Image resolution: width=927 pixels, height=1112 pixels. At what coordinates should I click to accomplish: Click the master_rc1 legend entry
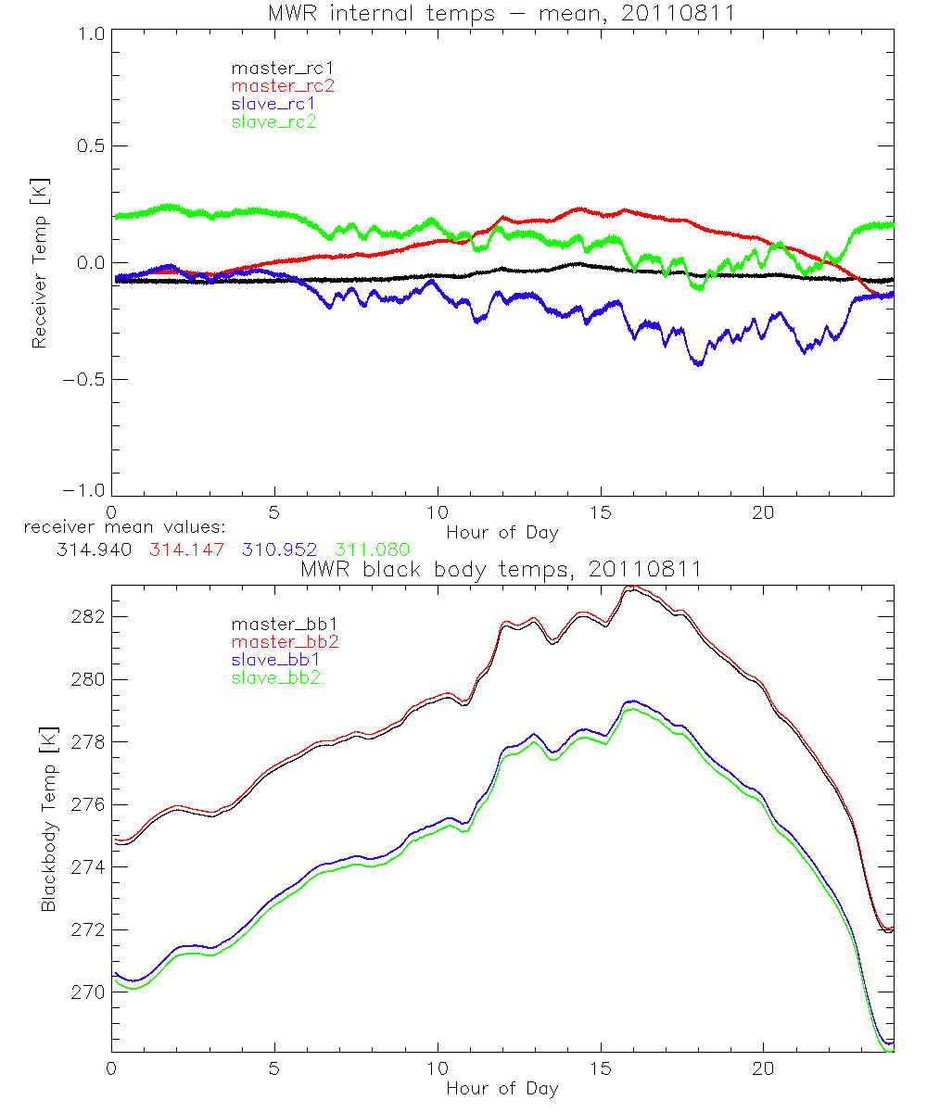pos(273,69)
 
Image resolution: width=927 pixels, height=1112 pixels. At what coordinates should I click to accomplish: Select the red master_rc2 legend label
pos(282,86)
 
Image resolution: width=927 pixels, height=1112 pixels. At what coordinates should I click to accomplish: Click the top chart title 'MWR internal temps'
pos(502,14)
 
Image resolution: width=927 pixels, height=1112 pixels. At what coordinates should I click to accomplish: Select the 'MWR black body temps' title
pos(502,569)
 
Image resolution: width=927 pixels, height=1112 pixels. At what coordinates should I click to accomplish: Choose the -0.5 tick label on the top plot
pos(85,380)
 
